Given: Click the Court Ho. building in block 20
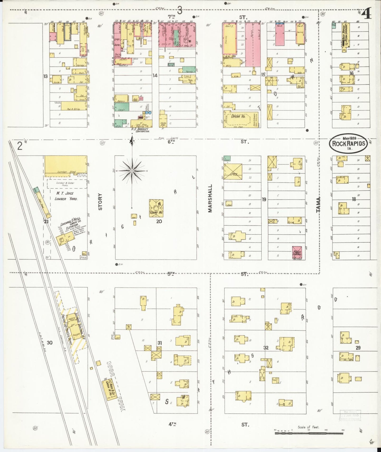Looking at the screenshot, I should coord(156,208).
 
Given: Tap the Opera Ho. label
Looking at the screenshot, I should coord(238,116).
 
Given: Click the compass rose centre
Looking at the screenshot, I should coord(132,171).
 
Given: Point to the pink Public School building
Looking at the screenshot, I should coord(297,253).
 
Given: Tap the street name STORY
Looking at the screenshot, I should coord(100,202).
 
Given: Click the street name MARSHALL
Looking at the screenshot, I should coord(210,198).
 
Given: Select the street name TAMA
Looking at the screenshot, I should coord(319,205).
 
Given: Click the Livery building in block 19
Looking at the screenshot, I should coord(233,172).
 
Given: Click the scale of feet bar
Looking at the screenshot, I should coord(308,433).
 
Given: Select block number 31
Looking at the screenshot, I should coord(160,343).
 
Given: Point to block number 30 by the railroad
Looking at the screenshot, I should coord(50,343).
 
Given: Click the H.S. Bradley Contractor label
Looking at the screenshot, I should coord(140,130).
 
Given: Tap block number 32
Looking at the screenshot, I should coord(266,348).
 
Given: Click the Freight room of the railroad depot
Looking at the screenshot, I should coord(76,336).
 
